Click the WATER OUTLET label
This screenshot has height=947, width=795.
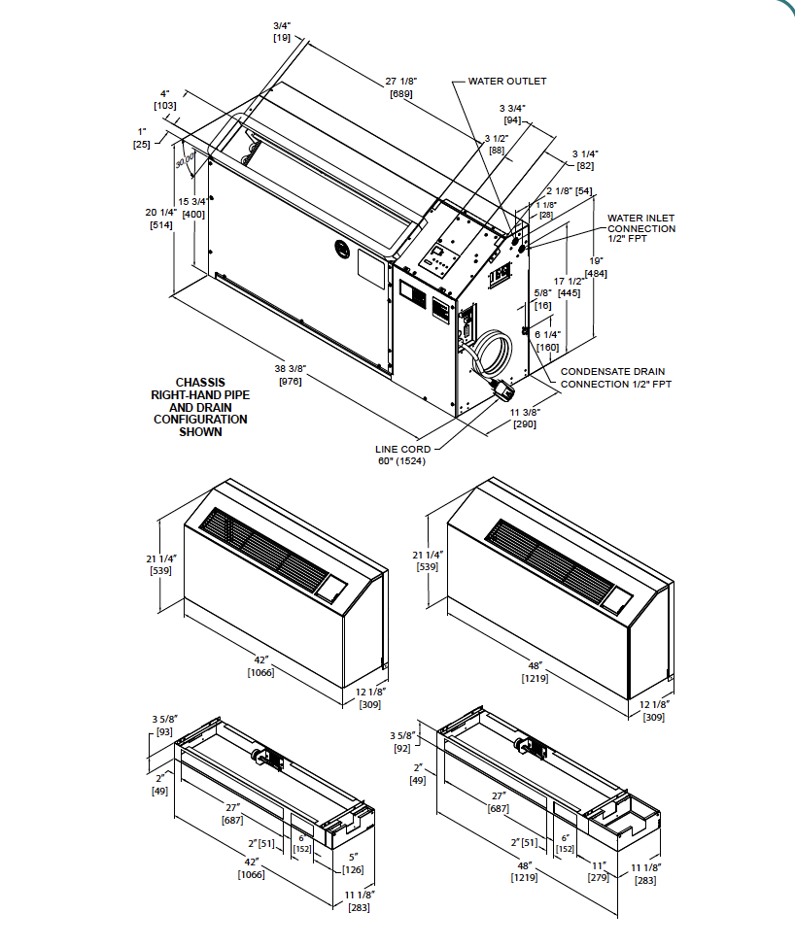point(506,82)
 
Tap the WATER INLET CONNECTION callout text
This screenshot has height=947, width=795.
point(640,228)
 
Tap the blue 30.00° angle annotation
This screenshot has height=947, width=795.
point(186,159)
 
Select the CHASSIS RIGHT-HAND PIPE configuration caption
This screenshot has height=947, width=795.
point(199,407)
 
